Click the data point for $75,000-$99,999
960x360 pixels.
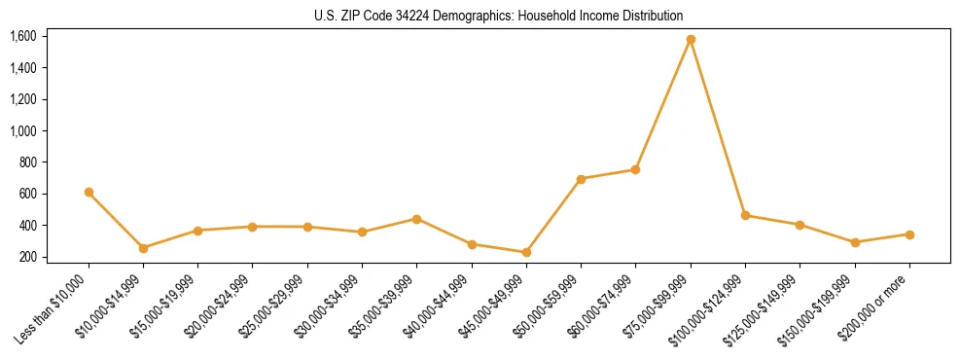point(691,40)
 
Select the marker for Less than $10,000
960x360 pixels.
point(89,193)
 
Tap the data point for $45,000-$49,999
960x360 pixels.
point(526,252)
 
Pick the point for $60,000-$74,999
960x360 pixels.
point(635,169)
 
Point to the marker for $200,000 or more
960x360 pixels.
point(909,234)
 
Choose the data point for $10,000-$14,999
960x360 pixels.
point(143,248)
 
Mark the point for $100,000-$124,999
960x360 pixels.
point(745,215)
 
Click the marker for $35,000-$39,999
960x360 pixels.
point(416,219)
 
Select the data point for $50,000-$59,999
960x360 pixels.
point(581,179)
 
